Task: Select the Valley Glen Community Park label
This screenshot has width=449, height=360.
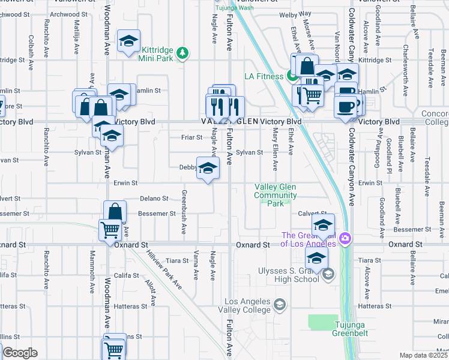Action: [276, 196]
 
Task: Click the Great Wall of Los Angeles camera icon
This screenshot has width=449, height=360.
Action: [345, 238]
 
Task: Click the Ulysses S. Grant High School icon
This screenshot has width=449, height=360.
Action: [328, 274]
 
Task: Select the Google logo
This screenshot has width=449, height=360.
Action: [19, 353]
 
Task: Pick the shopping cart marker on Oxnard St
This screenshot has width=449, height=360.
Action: [109, 229]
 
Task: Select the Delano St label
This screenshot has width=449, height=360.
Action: [154, 198]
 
